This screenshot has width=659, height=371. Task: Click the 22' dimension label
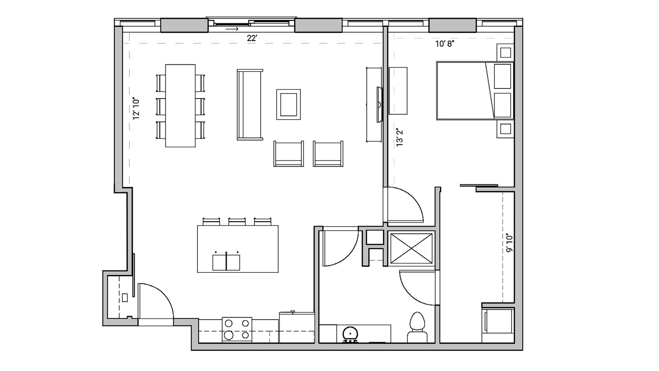tap(252, 38)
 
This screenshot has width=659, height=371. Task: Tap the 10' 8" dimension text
tap(445, 44)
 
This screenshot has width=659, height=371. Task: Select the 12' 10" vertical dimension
tap(136, 108)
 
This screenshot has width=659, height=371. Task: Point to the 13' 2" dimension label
tap(399, 137)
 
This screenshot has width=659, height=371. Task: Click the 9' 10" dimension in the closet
tap(509, 243)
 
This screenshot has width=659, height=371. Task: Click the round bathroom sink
tap(350, 334)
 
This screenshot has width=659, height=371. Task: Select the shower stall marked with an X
tap(411, 248)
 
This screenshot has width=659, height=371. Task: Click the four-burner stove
tap(237, 329)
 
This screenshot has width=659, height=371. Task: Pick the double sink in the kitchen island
tap(226, 262)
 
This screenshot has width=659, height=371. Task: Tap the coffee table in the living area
tap(288, 104)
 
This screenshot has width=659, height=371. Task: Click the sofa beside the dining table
tap(249, 104)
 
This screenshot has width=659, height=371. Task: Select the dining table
tap(180, 105)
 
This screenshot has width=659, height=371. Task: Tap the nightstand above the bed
tap(505, 52)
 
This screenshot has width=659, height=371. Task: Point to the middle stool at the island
tap(237, 221)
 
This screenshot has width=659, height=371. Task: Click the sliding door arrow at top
tap(232, 29)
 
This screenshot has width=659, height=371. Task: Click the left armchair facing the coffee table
tap(288, 154)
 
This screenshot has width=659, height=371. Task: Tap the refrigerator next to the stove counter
tap(297, 327)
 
